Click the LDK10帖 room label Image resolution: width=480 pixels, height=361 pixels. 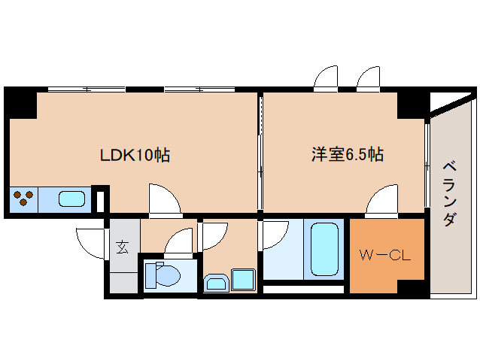click(135, 156)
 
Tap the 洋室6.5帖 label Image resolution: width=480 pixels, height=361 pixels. click(348, 155)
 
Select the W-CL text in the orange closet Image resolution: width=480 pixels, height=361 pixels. click(384, 256)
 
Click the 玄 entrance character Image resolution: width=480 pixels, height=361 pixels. click(122, 245)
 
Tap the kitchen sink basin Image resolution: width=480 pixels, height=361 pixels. click(72, 200)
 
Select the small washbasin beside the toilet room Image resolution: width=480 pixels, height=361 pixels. click(215, 284)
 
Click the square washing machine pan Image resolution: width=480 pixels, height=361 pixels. click(243, 279)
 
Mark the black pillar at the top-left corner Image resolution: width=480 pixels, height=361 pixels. click(20, 102)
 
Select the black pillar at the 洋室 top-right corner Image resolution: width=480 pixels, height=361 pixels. click(412, 103)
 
